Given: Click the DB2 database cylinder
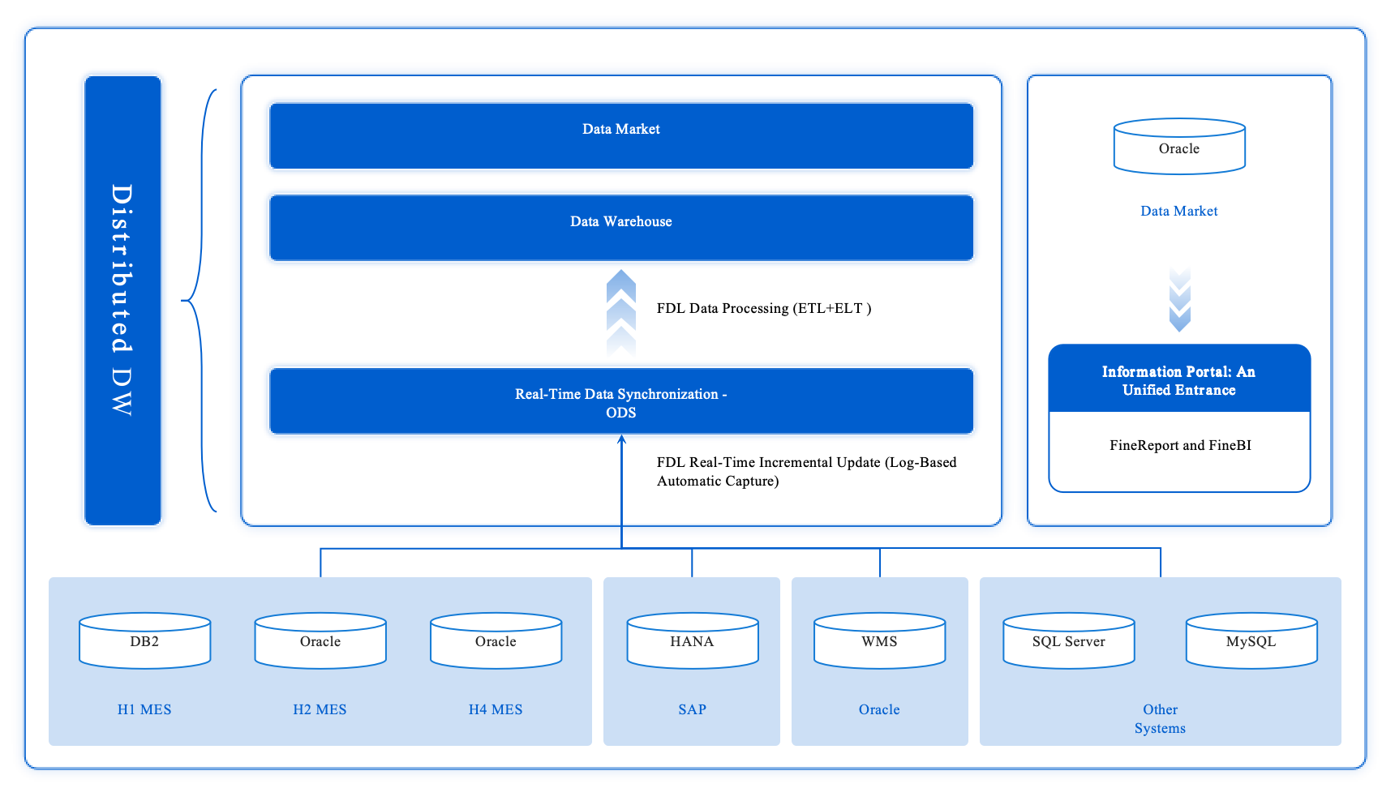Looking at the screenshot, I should (144, 641).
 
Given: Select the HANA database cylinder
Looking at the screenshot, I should (692, 641).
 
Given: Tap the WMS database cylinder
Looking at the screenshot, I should (879, 641).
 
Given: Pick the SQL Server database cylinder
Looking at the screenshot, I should (1068, 641).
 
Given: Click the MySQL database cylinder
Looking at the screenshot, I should (1251, 641).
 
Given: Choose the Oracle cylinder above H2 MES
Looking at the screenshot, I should (320, 641).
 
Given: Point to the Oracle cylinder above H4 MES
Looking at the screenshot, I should (496, 641).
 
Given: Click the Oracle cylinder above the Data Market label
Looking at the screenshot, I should (1178, 148).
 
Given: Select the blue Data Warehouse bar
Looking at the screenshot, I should (621, 227).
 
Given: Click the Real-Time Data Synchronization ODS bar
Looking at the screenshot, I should (621, 401).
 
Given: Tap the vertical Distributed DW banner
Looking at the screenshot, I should (122, 300).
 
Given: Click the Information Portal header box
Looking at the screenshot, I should (1178, 379).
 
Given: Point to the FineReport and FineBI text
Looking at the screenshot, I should (1180, 445).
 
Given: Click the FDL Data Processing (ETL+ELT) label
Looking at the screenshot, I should (763, 308).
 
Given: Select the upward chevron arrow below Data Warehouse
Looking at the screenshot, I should (621, 312).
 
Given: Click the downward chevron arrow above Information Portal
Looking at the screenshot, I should (1179, 300).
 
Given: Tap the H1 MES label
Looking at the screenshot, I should (144, 709).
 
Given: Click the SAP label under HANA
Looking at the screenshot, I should (692, 709).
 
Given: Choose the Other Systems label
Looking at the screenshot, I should (1160, 718).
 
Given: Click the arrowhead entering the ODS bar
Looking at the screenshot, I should (621, 440).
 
